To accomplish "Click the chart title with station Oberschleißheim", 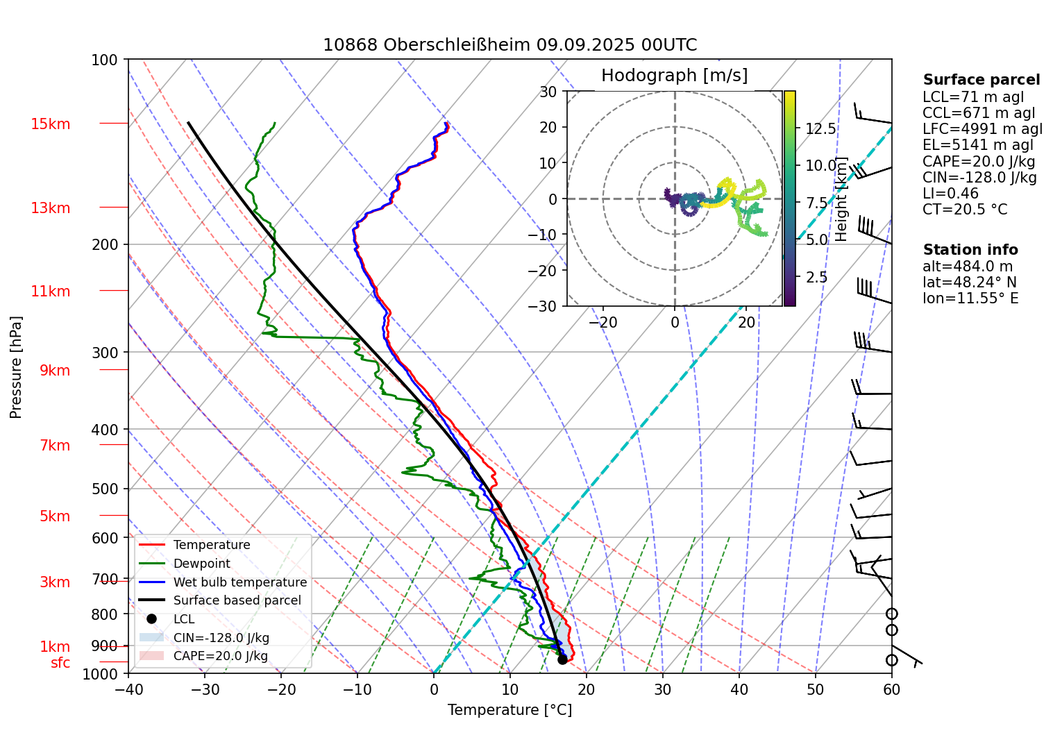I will click(x=509, y=45).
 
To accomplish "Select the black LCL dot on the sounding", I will click(x=562, y=659).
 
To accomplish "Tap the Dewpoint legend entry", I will click(x=201, y=564).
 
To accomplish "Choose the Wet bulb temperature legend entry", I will click(x=239, y=582).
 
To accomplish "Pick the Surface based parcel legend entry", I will click(x=237, y=600).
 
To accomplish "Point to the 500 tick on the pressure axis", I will click(x=105, y=489).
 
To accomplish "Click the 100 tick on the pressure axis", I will click(x=105, y=60).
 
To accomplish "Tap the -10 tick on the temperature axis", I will click(x=357, y=689).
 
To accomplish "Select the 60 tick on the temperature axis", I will click(x=891, y=689).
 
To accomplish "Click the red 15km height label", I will click(x=50, y=124).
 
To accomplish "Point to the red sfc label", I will click(x=60, y=663).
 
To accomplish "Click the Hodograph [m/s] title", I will click(x=674, y=75).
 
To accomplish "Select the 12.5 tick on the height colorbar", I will click(x=820, y=128).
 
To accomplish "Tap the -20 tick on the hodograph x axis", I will click(x=603, y=322).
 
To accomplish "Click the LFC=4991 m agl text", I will click(x=982, y=129).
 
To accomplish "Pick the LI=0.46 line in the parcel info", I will click(x=950, y=194).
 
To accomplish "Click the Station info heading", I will click(x=970, y=250).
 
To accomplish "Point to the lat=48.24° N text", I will click(x=969, y=283).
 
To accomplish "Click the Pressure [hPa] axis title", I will click(x=16, y=367).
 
